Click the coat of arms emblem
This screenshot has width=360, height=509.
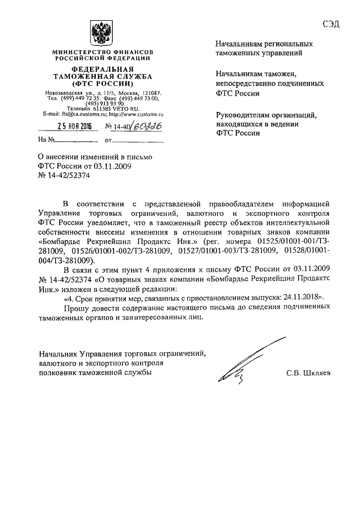[101, 33]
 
